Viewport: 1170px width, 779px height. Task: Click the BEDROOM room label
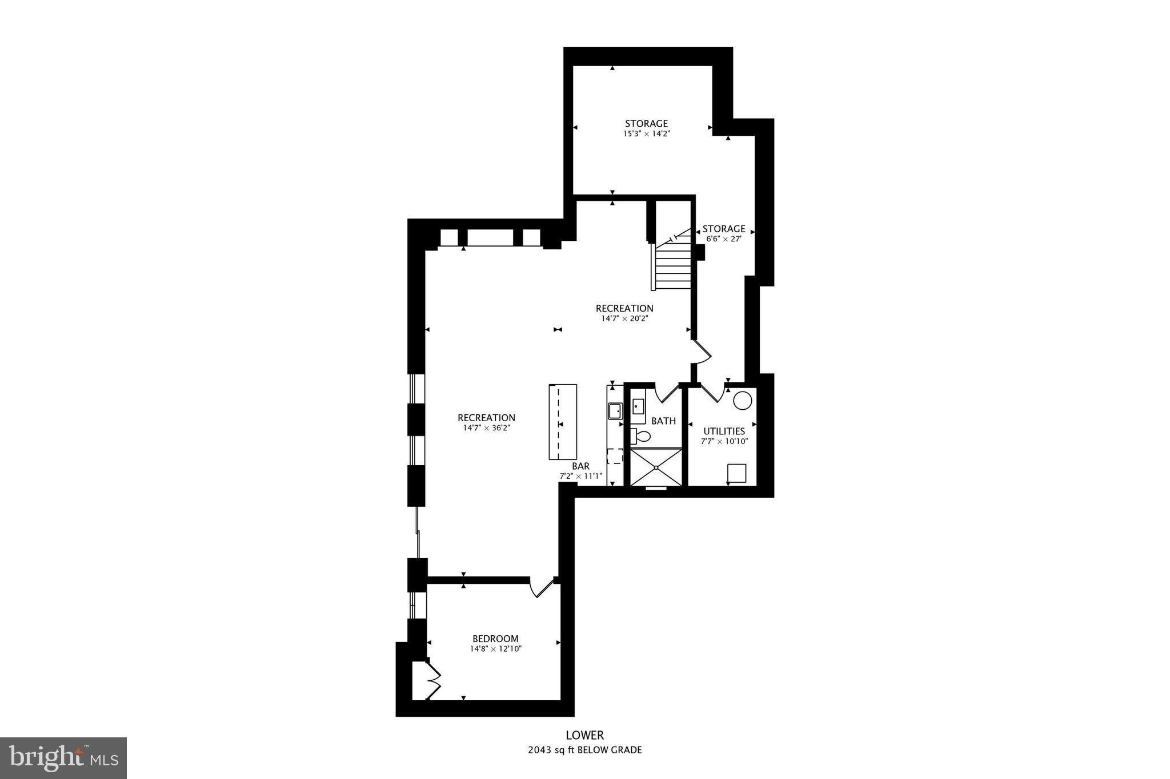[495, 639]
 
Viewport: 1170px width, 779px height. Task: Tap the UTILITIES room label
[724, 431]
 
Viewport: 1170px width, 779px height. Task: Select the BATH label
[663, 421]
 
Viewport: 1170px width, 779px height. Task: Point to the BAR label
[580, 466]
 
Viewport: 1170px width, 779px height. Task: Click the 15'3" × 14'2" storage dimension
[646, 134]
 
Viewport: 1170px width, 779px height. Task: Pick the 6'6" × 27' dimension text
[724, 239]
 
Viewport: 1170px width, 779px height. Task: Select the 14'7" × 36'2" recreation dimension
[486, 427]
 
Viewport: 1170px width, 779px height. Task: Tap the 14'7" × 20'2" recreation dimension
[624, 318]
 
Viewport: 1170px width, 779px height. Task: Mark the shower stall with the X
[656, 467]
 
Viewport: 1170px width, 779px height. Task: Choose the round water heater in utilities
[742, 401]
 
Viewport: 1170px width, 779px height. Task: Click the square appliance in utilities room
[736, 473]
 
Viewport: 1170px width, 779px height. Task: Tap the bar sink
[615, 410]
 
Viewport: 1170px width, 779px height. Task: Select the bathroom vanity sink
[638, 406]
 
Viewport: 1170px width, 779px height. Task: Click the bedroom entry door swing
[542, 588]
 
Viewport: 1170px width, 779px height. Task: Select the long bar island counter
[563, 422]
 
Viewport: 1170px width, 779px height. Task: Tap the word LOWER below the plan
[584, 736]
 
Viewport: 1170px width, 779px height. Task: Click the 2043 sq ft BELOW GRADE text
[584, 750]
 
